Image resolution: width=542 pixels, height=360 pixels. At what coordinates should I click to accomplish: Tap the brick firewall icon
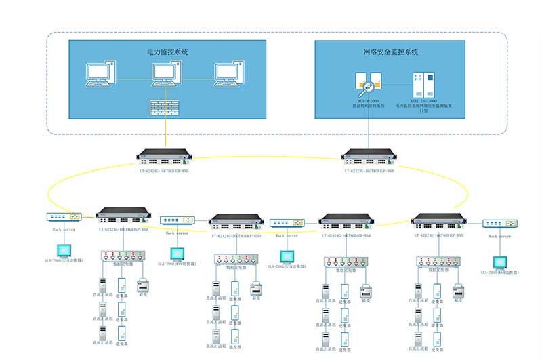click(x=167, y=107)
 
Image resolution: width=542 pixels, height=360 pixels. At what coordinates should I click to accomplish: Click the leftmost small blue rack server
click(x=64, y=217)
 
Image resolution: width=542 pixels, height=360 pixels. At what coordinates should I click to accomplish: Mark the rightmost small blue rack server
click(x=500, y=224)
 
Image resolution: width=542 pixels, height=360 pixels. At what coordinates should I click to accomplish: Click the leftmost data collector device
click(x=120, y=256)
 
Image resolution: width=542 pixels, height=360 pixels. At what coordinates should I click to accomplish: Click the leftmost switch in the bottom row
click(x=123, y=216)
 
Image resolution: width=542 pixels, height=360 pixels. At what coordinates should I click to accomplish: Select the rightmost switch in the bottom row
click(x=438, y=220)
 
